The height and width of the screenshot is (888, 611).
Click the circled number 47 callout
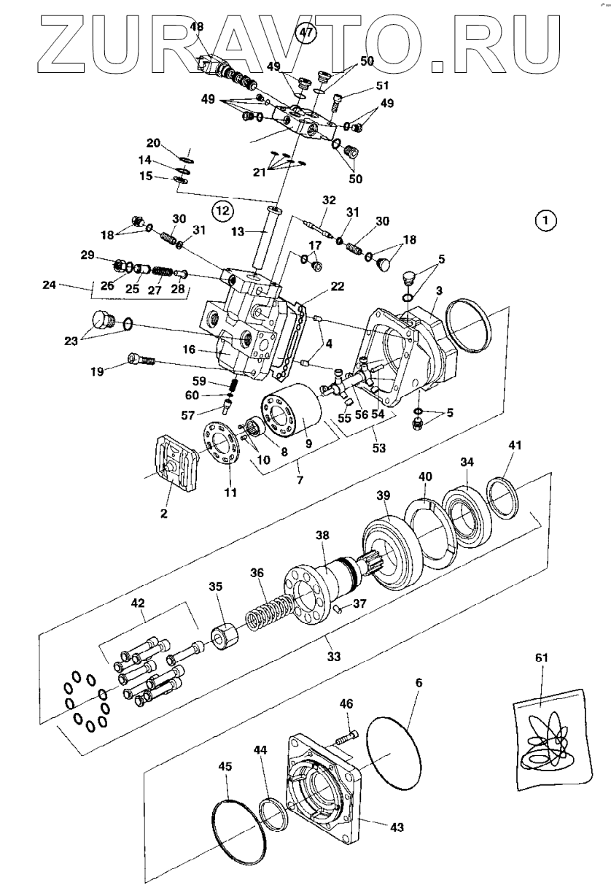[x=306, y=33]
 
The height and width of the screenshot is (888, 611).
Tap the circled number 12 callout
[x=222, y=210]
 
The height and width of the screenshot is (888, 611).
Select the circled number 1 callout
[x=546, y=220]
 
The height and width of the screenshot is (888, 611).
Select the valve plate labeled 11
[x=222, y=443]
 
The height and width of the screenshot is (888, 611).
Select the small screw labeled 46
[x=347, y=738]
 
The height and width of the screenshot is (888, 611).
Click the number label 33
[x=334, y=656]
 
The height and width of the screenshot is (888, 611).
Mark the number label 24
[x=49, y=285]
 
